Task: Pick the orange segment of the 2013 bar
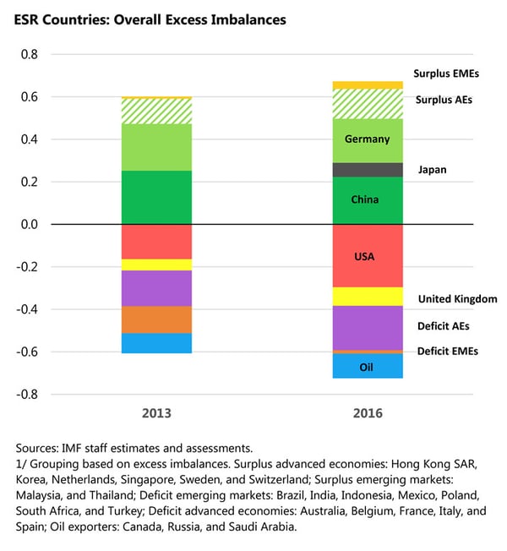[156, 319]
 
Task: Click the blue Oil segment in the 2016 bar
[367, 366]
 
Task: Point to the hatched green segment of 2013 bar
[156, 112]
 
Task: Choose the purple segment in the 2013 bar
[156, 288]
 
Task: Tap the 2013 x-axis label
[156, 414]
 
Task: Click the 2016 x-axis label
[368, 414]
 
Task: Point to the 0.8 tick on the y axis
[29, 55]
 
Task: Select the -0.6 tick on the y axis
[26, 352]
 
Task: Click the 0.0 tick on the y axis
[29, 225]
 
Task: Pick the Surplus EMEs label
[446, 74]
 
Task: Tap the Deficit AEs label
[444, 325]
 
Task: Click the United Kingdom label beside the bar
[457, 299]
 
